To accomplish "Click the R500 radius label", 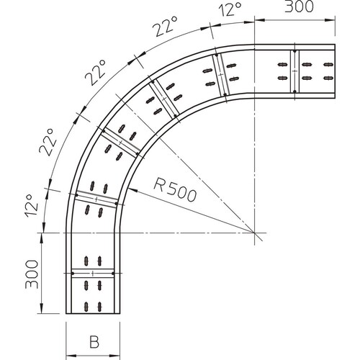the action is point(175,189).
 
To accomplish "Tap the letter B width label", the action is point(94,342).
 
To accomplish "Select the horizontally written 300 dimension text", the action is point(299,6).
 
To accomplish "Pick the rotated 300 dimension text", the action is point(32,274).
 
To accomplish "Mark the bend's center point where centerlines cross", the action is point(254,233).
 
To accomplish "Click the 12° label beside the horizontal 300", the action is point(230,9).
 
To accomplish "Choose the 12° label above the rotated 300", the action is point(32,206).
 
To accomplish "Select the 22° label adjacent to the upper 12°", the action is point(166,27).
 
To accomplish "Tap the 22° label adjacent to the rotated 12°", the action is point(48,143).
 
